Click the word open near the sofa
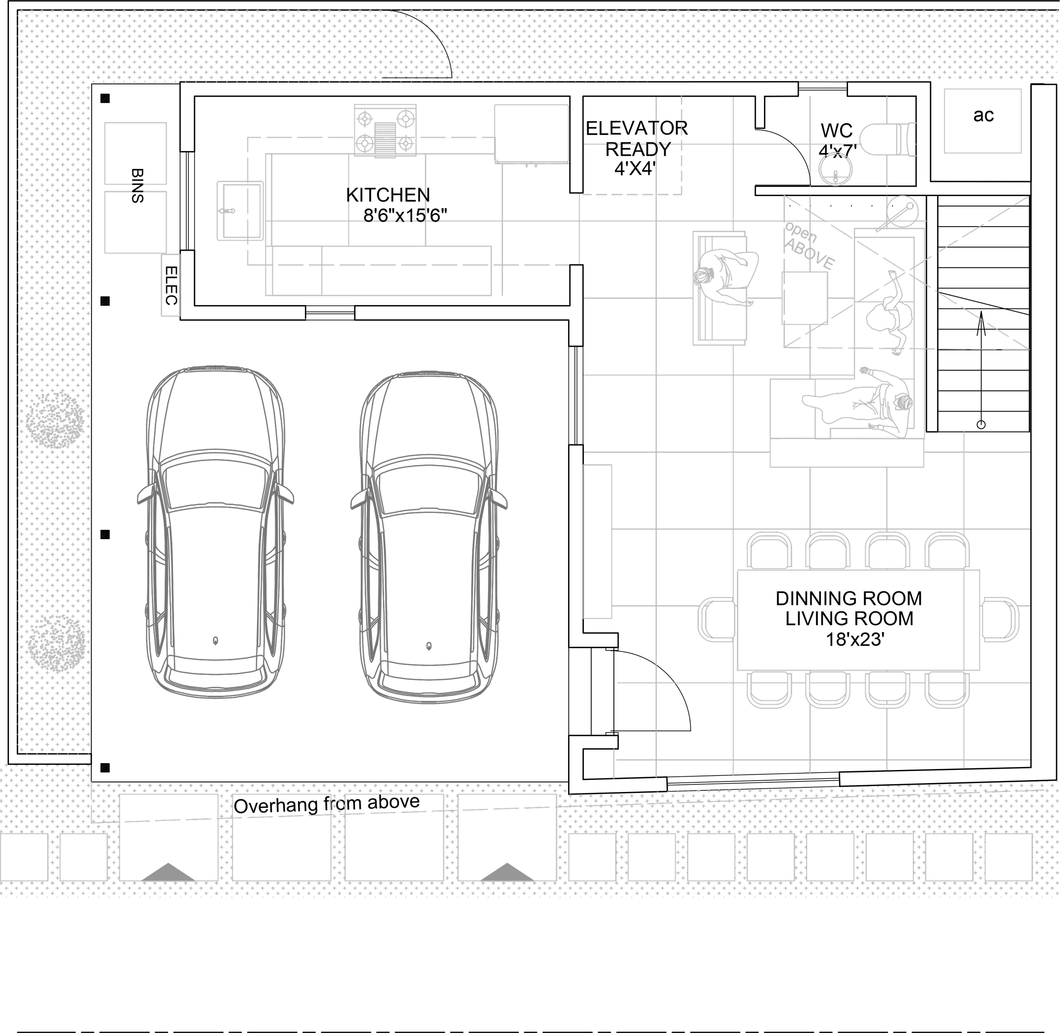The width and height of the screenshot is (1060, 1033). tap(801, 233)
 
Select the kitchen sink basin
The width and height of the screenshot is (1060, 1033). tap(240, 210)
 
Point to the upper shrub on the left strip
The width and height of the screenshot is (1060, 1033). tap(54, 420)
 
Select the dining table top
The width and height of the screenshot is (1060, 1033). tap(858, 619)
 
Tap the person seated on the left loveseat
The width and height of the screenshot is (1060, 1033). tap(724, 278)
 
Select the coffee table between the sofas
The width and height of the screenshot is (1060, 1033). tap(805, 298)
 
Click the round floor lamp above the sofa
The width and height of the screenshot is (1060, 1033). tap(902, 210)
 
